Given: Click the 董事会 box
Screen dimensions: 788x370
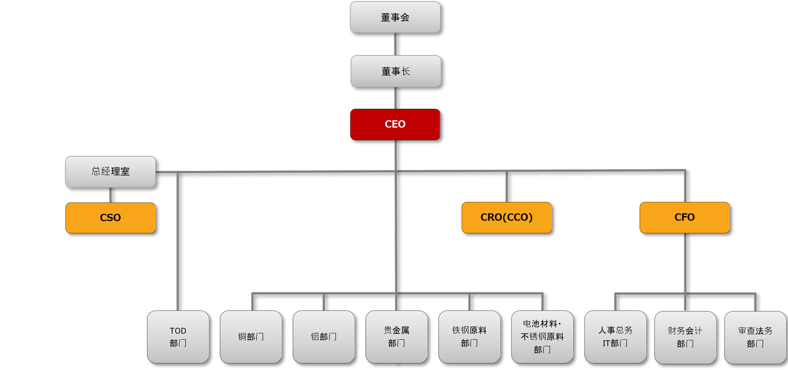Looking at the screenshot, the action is (395, 17).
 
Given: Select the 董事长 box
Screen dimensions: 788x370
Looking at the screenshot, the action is (396, 71).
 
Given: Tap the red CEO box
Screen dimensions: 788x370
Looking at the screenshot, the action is (395, 124).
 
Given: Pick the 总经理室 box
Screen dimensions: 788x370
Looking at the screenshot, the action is (111, 172).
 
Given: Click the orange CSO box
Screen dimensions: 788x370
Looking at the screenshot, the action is (111, 218).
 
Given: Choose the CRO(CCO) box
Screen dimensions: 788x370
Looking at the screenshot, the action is (507, 217).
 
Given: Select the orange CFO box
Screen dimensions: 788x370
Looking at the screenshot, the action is (685, 217).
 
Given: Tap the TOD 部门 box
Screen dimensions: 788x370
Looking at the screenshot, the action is (178, 337).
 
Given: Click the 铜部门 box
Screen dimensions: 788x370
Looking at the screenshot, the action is (251, 337).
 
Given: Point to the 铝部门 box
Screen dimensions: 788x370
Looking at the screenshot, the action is (324, 337).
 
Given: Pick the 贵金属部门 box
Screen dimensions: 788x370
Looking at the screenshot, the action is (397, 337).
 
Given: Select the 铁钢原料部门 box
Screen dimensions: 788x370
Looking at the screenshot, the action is (470, 337).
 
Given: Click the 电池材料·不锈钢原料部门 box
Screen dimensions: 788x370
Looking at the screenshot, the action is (543, 337).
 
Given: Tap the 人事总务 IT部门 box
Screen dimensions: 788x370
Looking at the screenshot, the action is (615, 337).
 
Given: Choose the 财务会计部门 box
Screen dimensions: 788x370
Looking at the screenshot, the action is (686, 337).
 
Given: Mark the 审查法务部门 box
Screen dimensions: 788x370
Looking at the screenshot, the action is (755, 337).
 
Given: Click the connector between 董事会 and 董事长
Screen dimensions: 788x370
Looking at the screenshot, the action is (395, 44).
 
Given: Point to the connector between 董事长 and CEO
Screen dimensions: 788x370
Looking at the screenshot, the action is (396, 98).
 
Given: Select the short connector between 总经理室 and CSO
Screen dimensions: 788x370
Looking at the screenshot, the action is (110, 195).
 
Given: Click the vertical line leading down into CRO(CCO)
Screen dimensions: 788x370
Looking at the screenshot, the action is (507, 187).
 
